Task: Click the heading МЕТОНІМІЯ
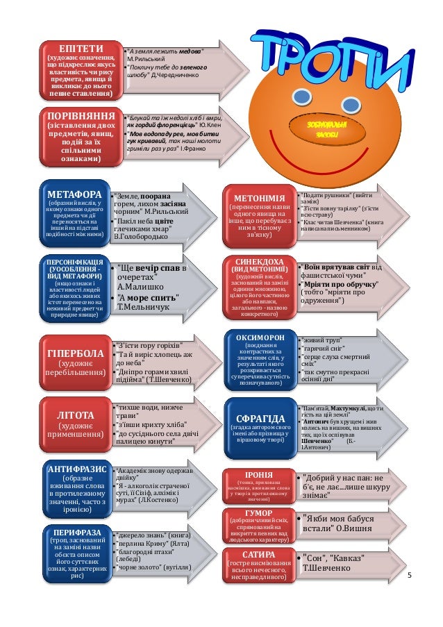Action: tap(259, 197)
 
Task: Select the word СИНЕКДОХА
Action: tap(259, 261)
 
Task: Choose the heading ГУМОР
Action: tap(258, 513)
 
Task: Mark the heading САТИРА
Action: tap(258, 555)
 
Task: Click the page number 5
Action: tap(410, 576)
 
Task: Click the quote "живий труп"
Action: tap(319, 340)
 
